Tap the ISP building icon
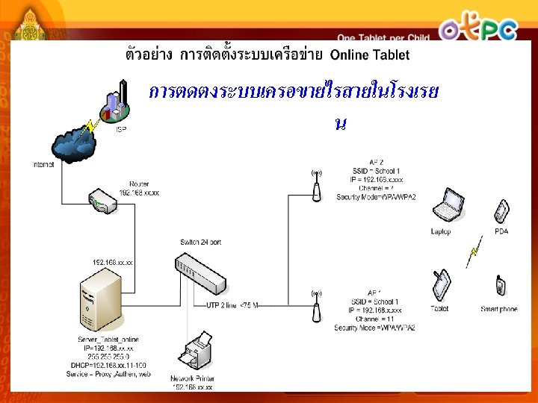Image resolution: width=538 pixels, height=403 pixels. [x=117, y=104]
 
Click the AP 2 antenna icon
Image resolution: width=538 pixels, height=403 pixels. [x=316, y=185]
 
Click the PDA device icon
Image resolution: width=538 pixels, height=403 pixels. [x=501, y=211]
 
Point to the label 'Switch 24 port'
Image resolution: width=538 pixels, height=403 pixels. [x=201, y=243]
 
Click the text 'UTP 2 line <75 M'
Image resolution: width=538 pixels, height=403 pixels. [x=232, y=304]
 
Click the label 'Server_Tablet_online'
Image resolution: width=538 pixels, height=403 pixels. [x=108, y=340]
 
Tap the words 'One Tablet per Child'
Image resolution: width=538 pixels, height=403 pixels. [x=383, y=37]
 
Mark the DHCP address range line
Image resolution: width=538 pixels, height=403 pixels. [x=109, y=365]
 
